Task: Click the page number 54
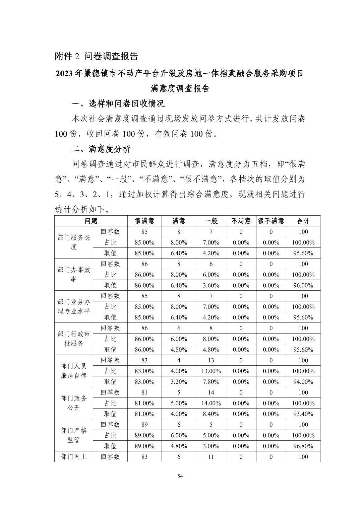click(x=180, y=477)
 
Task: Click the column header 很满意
click(x=144, y=221)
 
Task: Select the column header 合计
click(x=303, y=221)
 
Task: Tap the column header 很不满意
click(x=271, y=221)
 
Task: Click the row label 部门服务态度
click(x=74, y=242)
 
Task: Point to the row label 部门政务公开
click(x=74, y=403)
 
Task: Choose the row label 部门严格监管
click(x=74, y=435)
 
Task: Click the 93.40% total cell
click(x=303, y=414)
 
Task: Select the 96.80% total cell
click(x=303, y=446)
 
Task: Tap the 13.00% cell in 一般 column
click(x=211, y=371)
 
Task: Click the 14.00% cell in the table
click(x=211, y=403)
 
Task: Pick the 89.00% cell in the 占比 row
click(x=144, y=435)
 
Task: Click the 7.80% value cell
click(x=211, y=382)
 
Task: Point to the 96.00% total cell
click(x=303, y=285)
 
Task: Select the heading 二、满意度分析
click(x=101, y=149)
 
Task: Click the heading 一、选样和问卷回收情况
click(x=118, y=104)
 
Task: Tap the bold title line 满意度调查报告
click(x=180, y=88)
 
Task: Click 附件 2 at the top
click(x=67, y=56)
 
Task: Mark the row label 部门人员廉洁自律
click(x=74, y=371)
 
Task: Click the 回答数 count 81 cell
click(x=144, y=392)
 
